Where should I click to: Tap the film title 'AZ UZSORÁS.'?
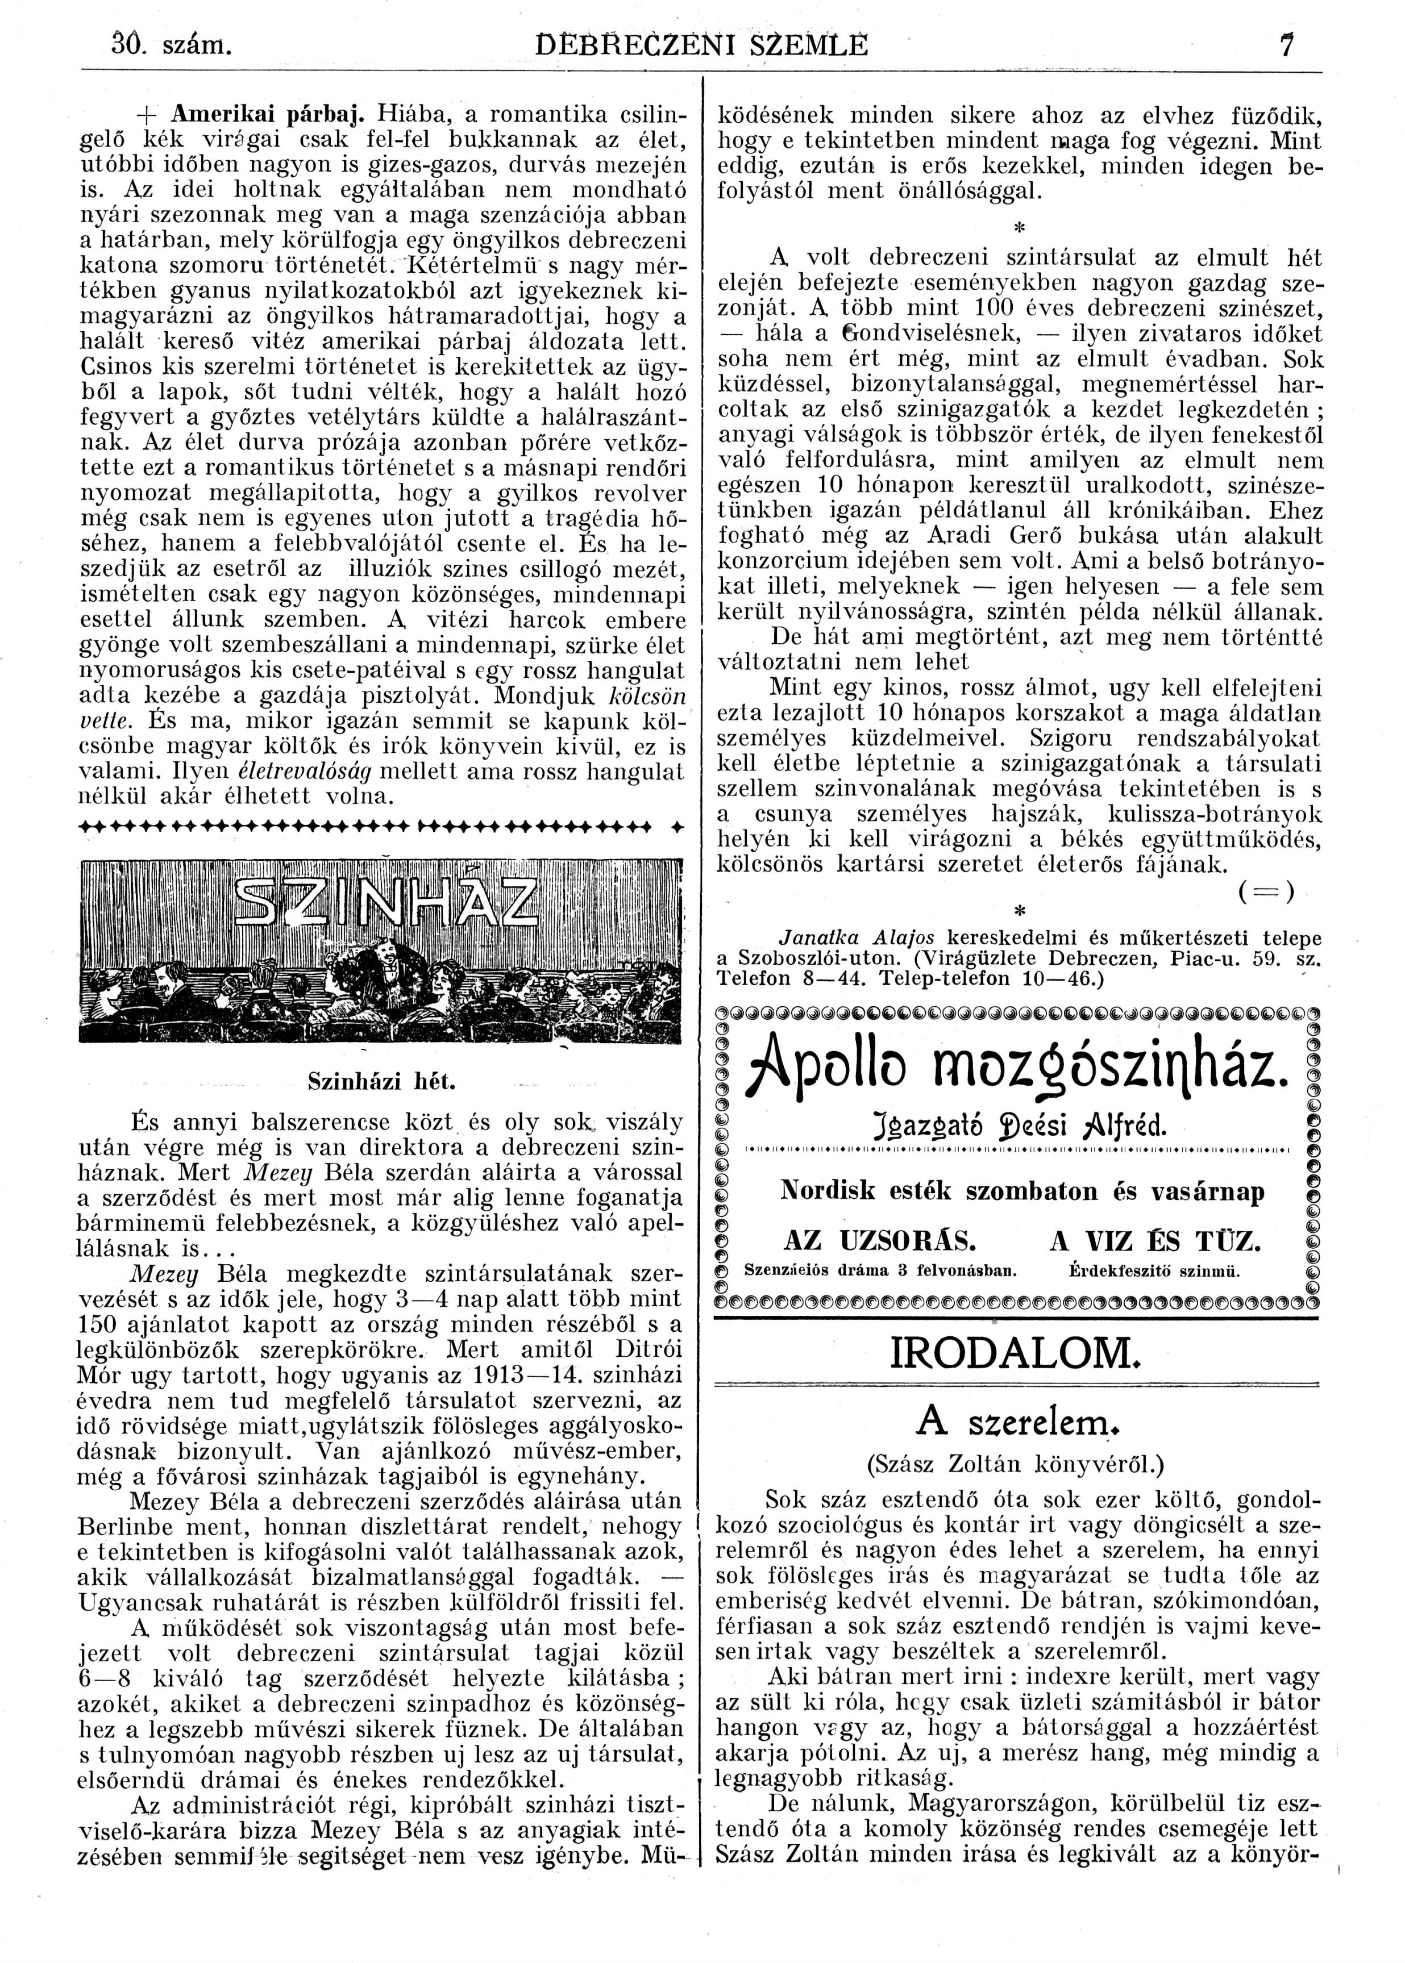point(879,1242)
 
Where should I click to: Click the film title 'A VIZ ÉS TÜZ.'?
point(1155,1242)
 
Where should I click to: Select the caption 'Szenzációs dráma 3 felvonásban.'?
point(880,1270)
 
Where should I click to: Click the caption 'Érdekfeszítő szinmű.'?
point(1155,1270)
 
